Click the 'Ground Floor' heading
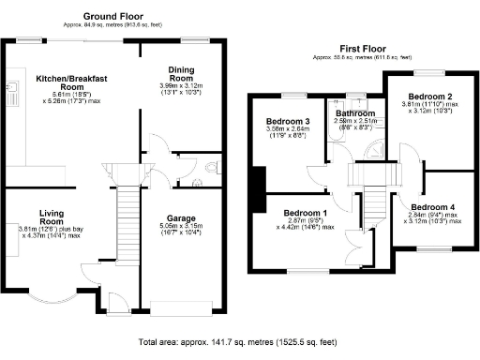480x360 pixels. click(x=112, y=16)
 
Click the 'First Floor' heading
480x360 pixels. click(x=363, y=48)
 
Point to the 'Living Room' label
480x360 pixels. click(x=44, y=217)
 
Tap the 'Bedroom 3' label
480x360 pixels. click(x=288, y=122)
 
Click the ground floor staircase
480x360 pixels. click(x=125, y=216)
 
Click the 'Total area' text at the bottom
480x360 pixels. click(x=239, y=343)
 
